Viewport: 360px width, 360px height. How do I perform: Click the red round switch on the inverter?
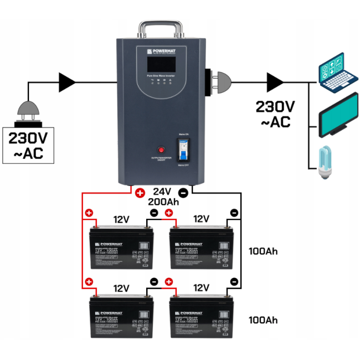point(162,150)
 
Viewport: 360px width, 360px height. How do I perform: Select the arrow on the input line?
point(68,83)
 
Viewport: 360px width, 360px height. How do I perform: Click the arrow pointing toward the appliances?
point(274,83)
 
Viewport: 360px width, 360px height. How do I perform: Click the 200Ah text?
point(163,202)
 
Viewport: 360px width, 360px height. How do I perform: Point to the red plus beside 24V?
point(140,193)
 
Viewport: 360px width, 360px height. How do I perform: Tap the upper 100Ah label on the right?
point(263,251)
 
